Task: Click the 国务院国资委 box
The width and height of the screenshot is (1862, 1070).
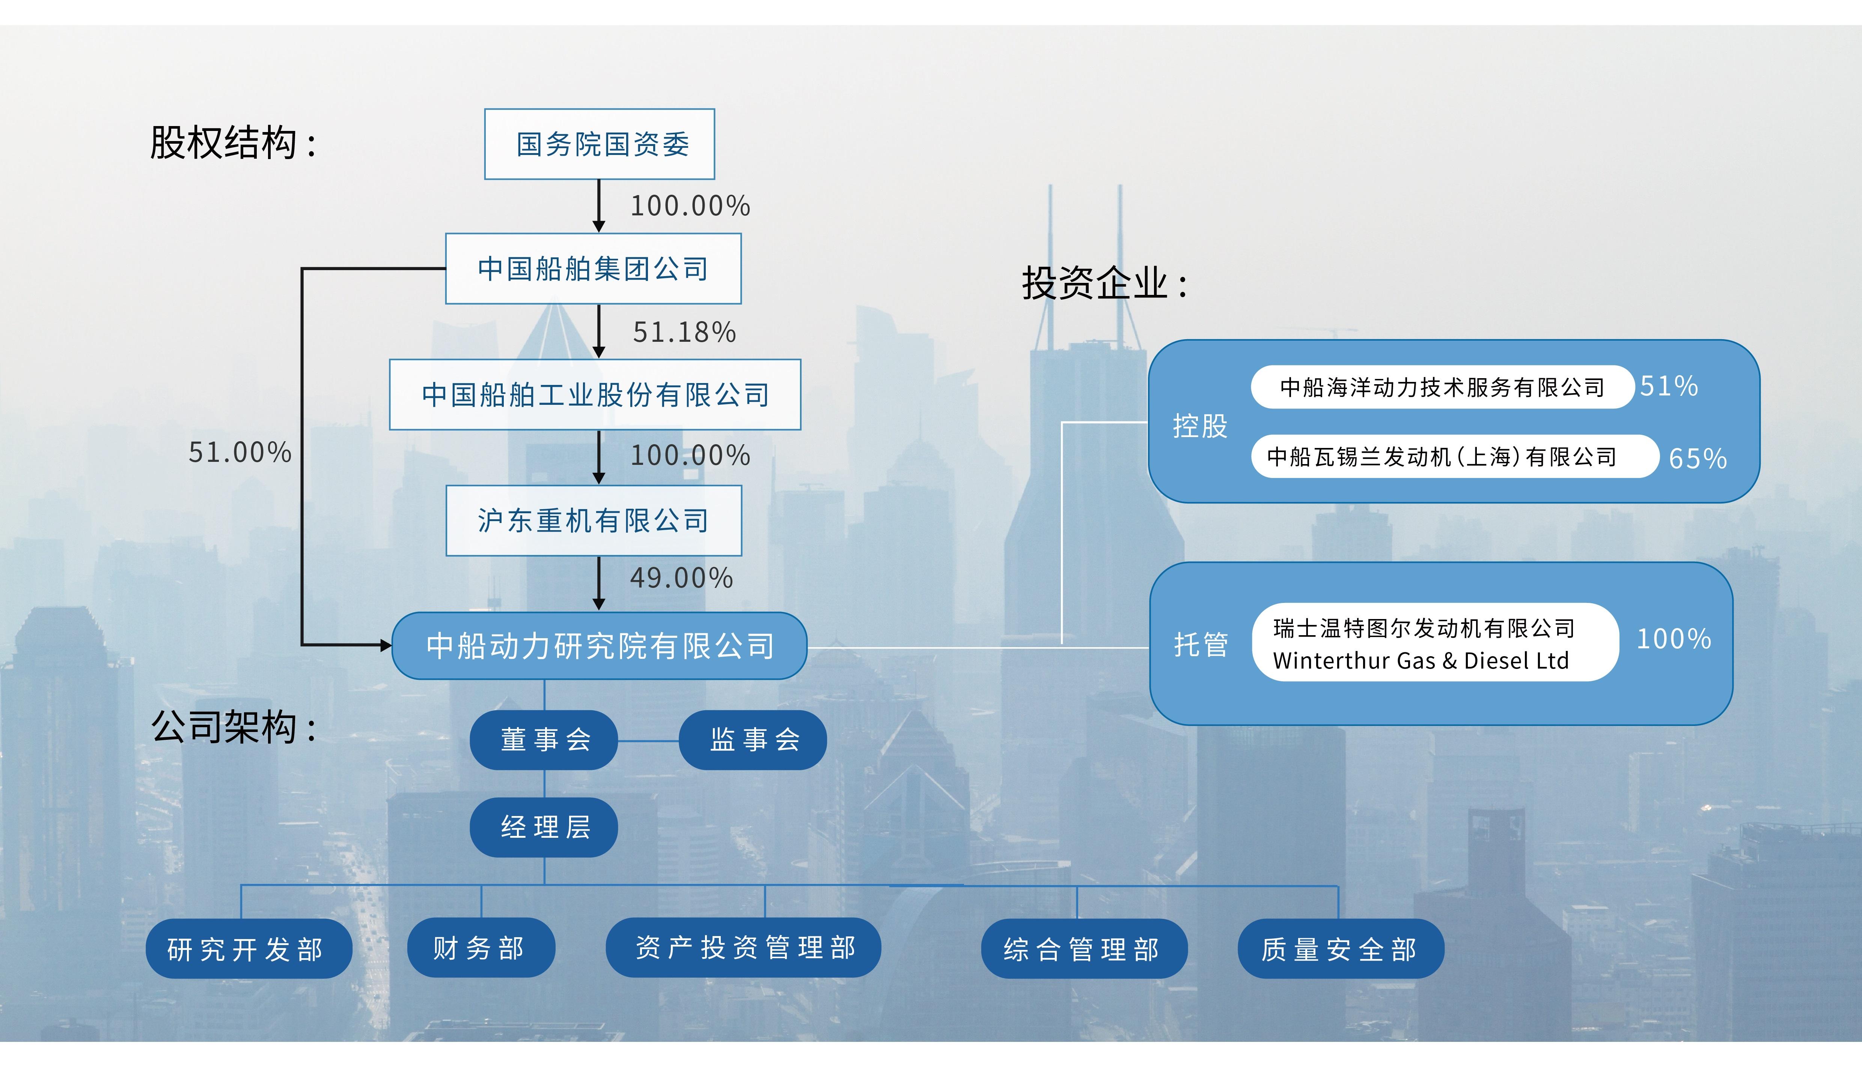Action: pos(599,144)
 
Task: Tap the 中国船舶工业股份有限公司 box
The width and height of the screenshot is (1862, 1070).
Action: pos(595,395)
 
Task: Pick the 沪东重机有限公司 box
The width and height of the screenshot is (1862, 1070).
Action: pos(593,520)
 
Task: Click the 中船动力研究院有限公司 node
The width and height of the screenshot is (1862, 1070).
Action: pos(599,646)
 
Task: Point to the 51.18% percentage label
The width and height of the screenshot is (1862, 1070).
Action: pos(684,332)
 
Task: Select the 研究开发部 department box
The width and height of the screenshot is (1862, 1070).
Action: pos(249,949)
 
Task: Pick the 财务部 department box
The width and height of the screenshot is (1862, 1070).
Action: pos(481,948)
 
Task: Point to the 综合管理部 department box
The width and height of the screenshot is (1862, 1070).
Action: pos(1083,949)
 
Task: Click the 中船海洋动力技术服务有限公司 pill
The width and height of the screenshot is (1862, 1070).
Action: pos(1442,387)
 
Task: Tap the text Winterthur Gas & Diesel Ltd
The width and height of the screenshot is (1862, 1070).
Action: pos(1420,661)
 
